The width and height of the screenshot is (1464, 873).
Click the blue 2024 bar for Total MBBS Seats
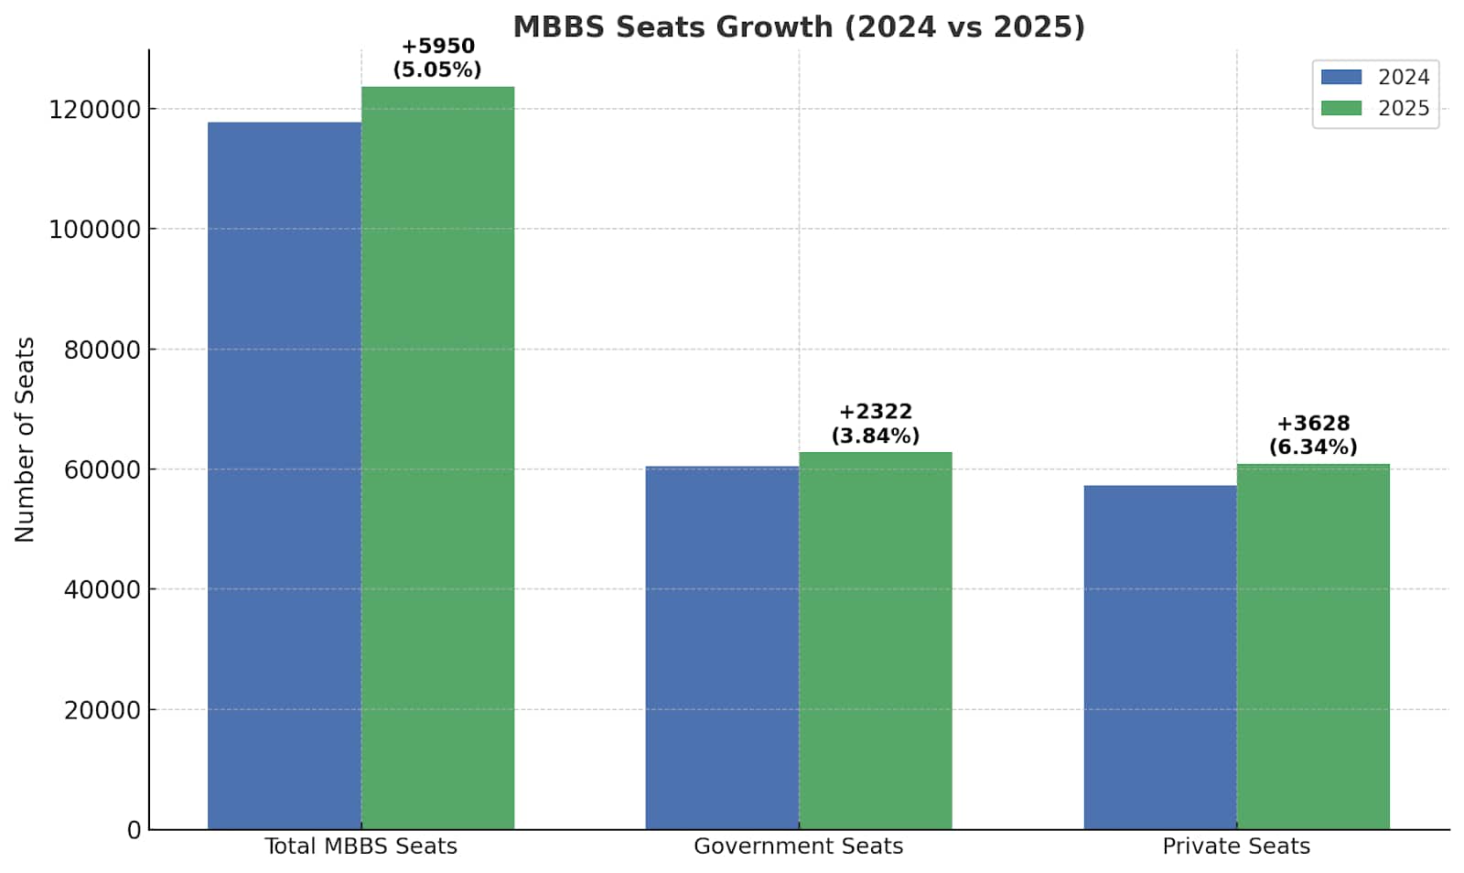pos(284,476)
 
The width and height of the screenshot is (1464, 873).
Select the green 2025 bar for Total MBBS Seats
pos(437,458)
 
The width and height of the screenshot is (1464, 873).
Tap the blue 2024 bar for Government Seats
pos(722,648)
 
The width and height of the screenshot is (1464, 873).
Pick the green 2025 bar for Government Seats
pos(875,641)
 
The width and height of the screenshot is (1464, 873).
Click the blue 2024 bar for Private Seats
pos(1159,657)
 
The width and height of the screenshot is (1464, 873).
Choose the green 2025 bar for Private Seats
pos(1313,646)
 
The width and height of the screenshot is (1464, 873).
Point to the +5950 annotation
pos(437,46)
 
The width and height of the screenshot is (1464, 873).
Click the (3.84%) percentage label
pos(875,436)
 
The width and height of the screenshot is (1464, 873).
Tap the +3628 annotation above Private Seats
pos(1313,423)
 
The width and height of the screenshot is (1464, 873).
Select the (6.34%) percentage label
pos(1313,447)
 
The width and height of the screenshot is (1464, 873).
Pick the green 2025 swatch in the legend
pos(1340,108)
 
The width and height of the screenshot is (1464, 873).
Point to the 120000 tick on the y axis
pos(94,109)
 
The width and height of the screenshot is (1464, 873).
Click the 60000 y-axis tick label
pos(102,469)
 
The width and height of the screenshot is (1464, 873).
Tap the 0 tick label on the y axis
pos(135,830)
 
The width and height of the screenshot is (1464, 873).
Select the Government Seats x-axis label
pos(798,846)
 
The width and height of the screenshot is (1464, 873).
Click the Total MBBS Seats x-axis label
pos(361,846)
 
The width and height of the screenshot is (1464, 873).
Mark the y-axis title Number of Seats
pos(25,439)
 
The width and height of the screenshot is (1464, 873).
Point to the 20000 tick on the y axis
pos(102,710)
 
